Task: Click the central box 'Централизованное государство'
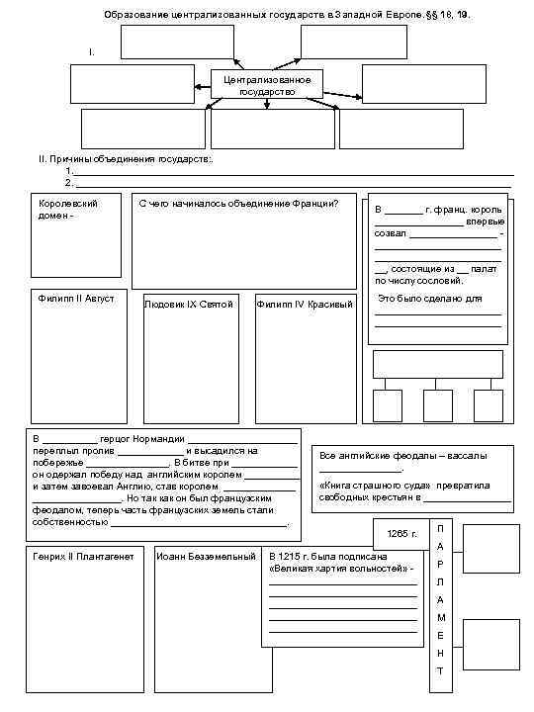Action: [x=267, y=84]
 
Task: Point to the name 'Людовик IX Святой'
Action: [x=189, y=304]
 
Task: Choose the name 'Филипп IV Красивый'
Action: [x=305, y=304]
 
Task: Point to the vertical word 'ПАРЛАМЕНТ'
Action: [x=441, y=599]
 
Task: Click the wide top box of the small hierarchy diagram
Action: [x=436, y=365]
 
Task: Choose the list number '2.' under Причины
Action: [x=69, y=182]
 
